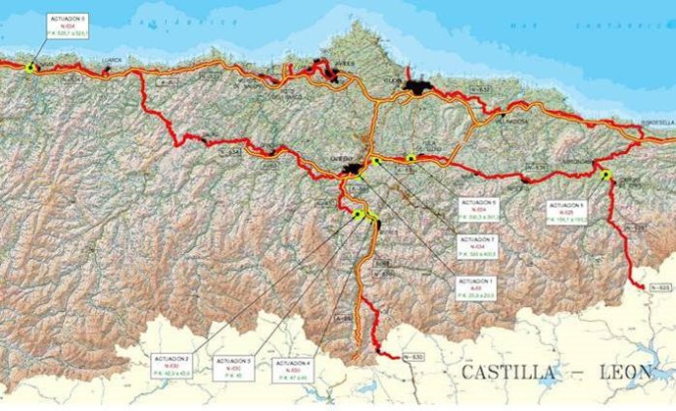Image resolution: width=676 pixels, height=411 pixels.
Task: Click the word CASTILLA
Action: pos(507,373)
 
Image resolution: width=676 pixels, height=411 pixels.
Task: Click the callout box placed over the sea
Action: pos(71,26)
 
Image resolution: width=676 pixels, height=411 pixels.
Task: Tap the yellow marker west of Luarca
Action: pos(31,67)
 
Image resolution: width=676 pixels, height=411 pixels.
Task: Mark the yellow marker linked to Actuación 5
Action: pos(606,175)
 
